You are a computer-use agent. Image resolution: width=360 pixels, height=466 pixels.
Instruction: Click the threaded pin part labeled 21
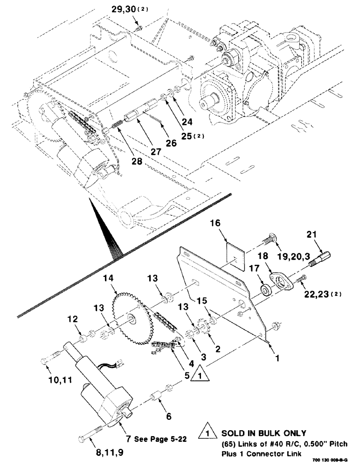(x=321, y=258)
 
